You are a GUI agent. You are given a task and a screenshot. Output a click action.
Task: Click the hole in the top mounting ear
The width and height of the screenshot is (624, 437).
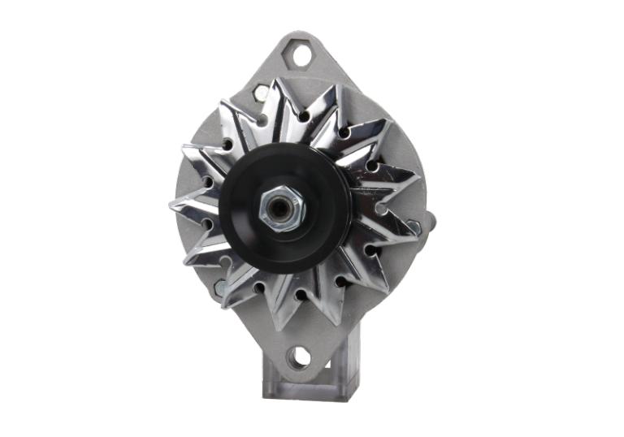[x=303, y=56]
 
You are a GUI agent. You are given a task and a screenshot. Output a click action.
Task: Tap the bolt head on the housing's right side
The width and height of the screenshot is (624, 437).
[x=428, y=219]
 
